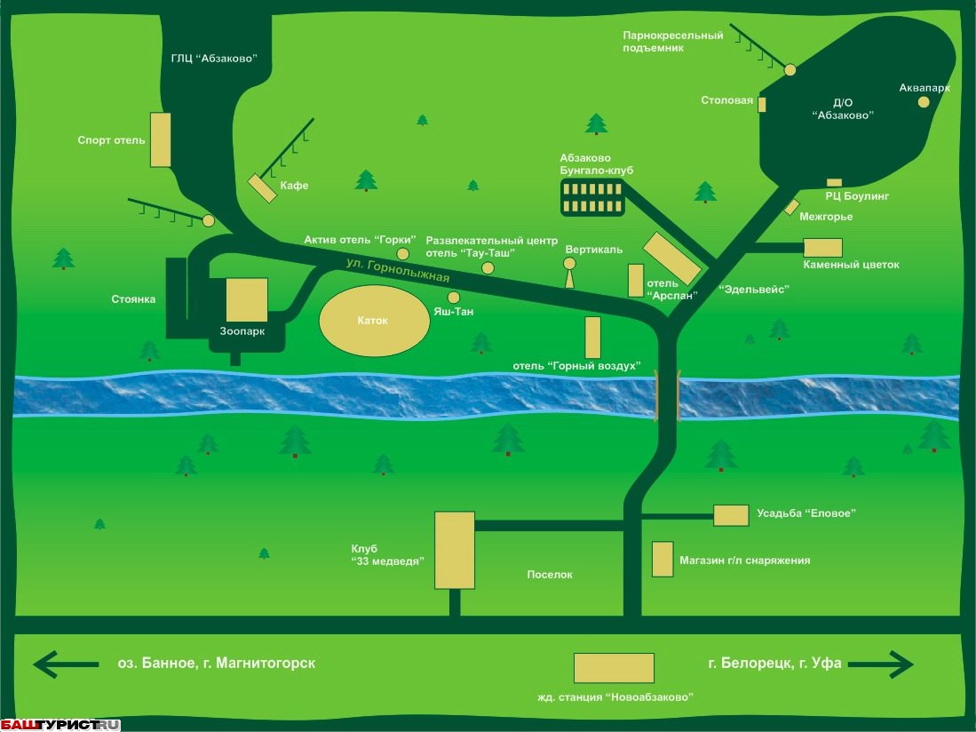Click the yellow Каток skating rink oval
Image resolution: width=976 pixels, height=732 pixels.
coord(374,321)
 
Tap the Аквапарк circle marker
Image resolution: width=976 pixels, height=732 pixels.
coord(924,102)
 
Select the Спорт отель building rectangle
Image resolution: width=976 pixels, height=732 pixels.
coord(160,139)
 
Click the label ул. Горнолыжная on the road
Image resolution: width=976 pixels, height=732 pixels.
coord(399,269)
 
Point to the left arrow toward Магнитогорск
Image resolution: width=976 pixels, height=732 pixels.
coord(67,664)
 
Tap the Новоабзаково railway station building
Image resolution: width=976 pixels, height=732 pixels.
coord(614,668)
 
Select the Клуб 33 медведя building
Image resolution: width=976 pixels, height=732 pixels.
coord(454,550)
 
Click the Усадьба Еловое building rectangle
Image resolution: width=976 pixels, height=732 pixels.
coord(731,515)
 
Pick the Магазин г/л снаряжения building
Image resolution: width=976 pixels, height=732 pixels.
coord(662,560)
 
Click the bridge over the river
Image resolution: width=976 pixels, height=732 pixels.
coord(667,394)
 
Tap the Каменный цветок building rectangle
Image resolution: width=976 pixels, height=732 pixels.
coord(822,248)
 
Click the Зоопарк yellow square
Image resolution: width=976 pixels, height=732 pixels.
coord(247,299)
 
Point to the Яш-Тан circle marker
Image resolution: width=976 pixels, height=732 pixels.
coord(454,297)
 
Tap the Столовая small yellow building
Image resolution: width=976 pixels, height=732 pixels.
coord(762,104)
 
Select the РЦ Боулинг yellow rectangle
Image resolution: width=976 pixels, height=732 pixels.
coord(834,183)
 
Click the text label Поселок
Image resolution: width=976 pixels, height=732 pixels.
coord(550,575)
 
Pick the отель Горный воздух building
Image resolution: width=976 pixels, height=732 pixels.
coord(592,338)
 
